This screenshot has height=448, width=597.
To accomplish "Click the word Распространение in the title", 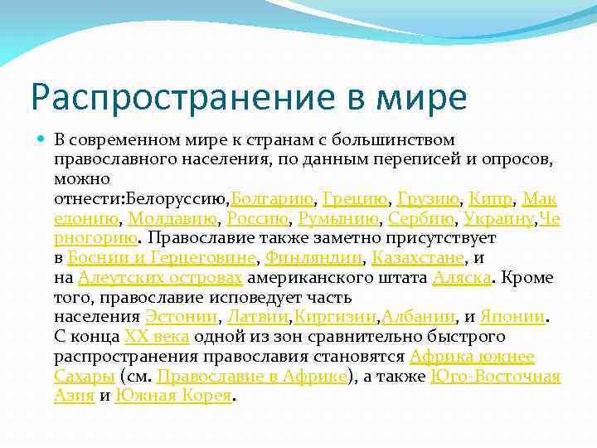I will click(170, 98).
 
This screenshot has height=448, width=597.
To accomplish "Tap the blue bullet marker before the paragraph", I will click(41, 139).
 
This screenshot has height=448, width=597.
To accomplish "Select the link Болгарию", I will click(272, 198).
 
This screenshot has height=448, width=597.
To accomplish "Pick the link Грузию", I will click(428, 198).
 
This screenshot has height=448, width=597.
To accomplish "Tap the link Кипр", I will click(491, 198).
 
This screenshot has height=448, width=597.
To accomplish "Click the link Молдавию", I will click(173, 218).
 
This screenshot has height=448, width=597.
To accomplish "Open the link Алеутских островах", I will click(160, 278).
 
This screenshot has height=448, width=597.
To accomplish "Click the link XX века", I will click(157, 338).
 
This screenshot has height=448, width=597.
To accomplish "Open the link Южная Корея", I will click(174, 397).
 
